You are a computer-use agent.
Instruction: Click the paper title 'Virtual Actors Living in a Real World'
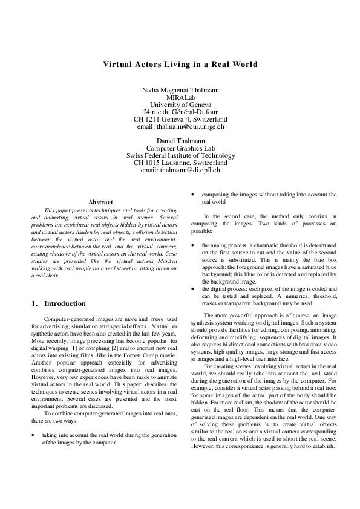180,64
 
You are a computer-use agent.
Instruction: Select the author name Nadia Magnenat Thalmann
180,90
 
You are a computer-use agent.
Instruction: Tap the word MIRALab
180,97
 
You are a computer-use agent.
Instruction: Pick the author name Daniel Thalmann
180,141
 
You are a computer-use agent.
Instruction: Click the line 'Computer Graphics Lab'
180,148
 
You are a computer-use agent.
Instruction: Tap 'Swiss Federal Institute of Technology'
180,155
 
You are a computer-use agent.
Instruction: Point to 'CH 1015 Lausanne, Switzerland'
180,163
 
